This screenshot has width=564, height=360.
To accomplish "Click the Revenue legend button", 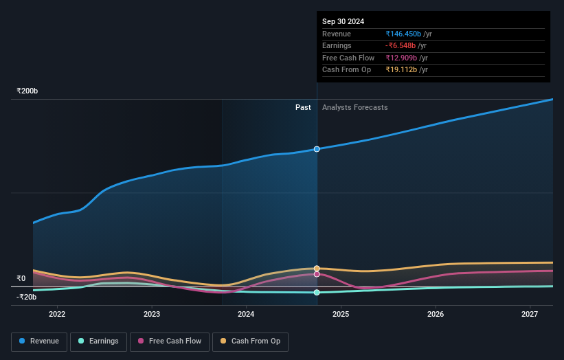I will click(x=39, y=341).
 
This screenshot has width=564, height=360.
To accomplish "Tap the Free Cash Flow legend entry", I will click(x=170, y=341).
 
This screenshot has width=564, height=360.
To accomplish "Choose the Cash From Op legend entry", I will click(x=250, y=341).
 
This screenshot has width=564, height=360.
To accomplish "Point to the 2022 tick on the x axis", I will click(x=57, y=315).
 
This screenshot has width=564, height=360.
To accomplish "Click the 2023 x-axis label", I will click(x=152, y=315).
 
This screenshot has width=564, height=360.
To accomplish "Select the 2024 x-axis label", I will click(x=246, y=315).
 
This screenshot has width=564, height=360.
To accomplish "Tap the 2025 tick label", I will click(x=341, y=315).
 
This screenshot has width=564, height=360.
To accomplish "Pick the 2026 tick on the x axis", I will click(x=435, y=315).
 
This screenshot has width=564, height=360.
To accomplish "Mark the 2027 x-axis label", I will click(x=530, y=315).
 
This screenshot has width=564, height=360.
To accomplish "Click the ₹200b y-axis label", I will click(x=27, y=91).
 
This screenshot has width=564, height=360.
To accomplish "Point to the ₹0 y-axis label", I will click(x=21, y=279).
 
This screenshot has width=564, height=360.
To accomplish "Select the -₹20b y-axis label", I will click(x=27, y=297).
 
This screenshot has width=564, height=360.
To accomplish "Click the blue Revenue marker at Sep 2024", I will click(x=317, y=149).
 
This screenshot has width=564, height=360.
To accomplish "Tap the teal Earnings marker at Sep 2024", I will click(x=317, y=293).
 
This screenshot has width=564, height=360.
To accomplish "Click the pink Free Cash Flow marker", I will click(x=317, y=274).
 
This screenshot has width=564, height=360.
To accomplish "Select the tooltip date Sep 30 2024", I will click(x=343, y=21).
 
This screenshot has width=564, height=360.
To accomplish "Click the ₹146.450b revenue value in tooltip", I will click(x=403, y=34).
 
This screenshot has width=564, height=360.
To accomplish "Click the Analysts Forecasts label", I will click(x=354, y=108).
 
